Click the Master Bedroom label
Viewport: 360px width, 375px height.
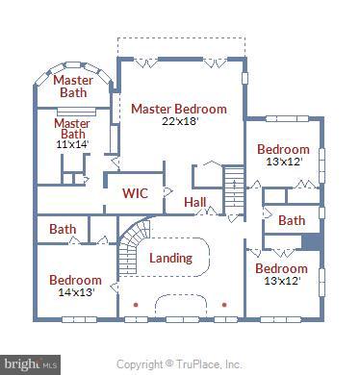[x=179, y=109]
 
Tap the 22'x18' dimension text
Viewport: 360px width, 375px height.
[x=179, y=121]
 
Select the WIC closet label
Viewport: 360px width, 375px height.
[x=135, y=192]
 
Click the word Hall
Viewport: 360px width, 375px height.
[x=195, y=202]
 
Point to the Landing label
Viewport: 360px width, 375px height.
[x=171, y=258]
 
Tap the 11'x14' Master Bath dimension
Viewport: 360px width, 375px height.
[x=71, y=145]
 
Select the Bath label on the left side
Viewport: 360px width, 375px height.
[x=63, y=229]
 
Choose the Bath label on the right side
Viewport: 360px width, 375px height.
[x=292, y=221]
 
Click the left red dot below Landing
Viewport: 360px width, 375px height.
[x=135, y=305]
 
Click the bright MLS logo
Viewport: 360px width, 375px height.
[x=31, y=363]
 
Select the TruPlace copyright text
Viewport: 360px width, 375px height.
[x=180, y=364]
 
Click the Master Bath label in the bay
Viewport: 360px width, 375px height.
[x=72, y=87]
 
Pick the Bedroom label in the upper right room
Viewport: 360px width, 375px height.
[x=283, y=149]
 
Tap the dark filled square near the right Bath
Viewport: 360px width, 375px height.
[x=311, y=242]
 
